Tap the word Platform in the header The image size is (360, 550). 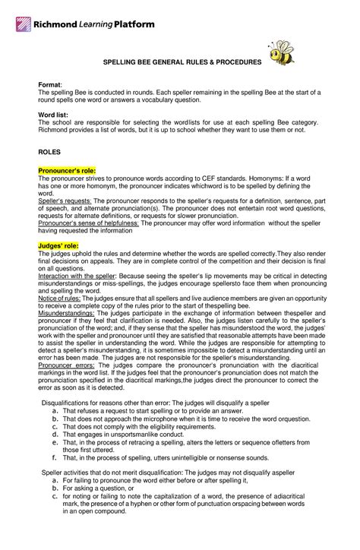click(x=134, y=24)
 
